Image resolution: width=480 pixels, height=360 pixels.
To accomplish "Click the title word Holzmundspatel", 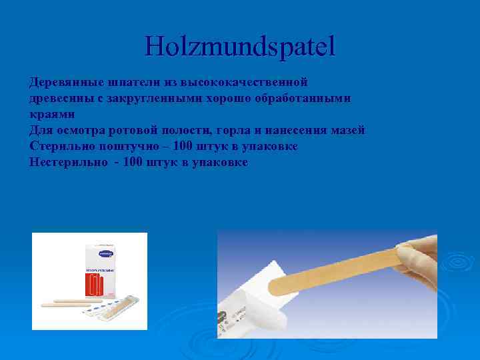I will pyautogui.click(x=240, y=46).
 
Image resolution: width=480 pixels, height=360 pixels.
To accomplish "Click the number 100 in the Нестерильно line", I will pyautogui.click(x=133, y=162).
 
